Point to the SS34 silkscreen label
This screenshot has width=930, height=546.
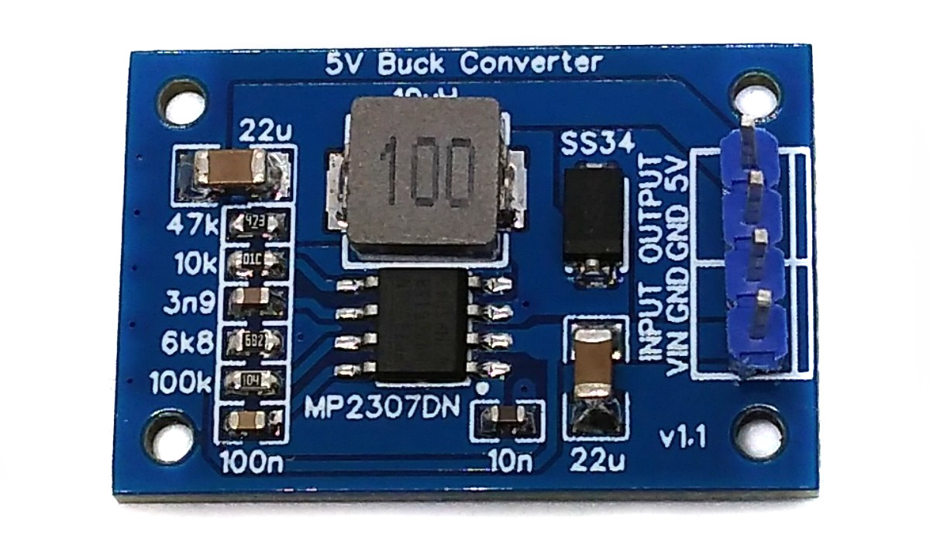click(x=598, y=143)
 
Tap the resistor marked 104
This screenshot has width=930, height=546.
click(x=251, y=380)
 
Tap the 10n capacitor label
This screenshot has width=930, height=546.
click(x=511, y=462)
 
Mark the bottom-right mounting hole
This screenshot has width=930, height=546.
click(x=751, y=429)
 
